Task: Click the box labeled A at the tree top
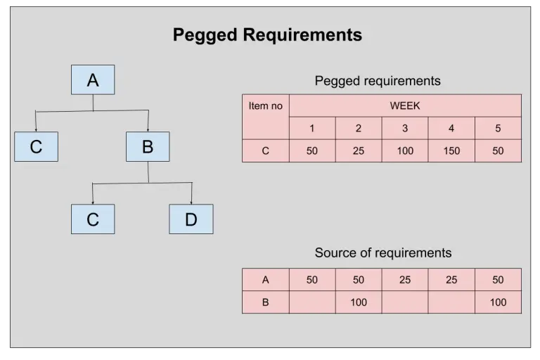pos(93,79)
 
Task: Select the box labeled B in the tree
pos(148,146)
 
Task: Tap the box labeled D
pos(191,219)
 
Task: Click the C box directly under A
pos(36,146)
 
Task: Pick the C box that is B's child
pos(93,219)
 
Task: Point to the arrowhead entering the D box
pos(191,202)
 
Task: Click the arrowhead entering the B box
pos(148,129)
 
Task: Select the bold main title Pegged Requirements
pos(267,34)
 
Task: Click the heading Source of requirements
pos(382,252)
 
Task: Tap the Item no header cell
pos(266,106)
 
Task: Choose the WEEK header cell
pos(405,105)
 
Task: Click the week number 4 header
pos(451,128)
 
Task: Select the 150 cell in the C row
pos(451,150)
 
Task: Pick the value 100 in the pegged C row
pos(405,150)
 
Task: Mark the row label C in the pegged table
pos(266,150)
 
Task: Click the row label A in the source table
pos(266,279)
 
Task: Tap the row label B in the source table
pos(266,302)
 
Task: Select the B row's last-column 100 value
pos(498,302)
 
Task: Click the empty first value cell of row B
pos(312,302)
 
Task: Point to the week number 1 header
pos(312,128)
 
